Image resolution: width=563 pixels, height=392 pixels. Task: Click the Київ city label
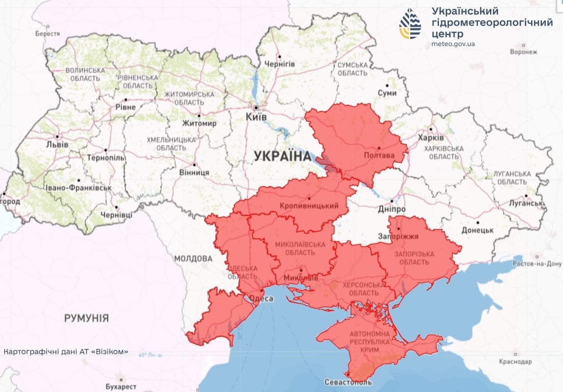(x=256, y=117)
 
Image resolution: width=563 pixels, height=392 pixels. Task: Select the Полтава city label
(x=379, y=155)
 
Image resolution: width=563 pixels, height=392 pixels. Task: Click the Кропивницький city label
(x=309, y=206)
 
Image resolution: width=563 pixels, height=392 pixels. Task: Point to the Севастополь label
(x=348, y=382)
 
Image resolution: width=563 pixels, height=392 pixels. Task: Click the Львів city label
(x=57, y=144)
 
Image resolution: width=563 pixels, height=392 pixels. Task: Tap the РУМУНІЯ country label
(x=86, y=318)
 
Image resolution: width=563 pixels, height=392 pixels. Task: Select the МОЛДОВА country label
(x=192, y=258)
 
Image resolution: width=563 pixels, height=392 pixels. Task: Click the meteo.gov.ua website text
(x=453, y=44)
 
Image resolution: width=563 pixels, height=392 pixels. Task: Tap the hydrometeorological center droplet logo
(x=410, y=23)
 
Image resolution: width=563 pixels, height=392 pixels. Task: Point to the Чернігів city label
(x=279, y=64)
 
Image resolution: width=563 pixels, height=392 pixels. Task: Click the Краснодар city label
(x=515, y=362)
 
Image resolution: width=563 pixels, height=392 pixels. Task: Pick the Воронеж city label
(x=523, y=52)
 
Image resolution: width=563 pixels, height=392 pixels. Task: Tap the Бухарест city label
(x=120, y=386)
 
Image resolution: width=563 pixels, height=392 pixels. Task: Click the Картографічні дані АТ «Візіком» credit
(x=66, y=352)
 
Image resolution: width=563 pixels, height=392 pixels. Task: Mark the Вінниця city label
(x=194, y=173)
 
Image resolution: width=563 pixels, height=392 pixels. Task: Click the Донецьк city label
(x=477, y=230)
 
